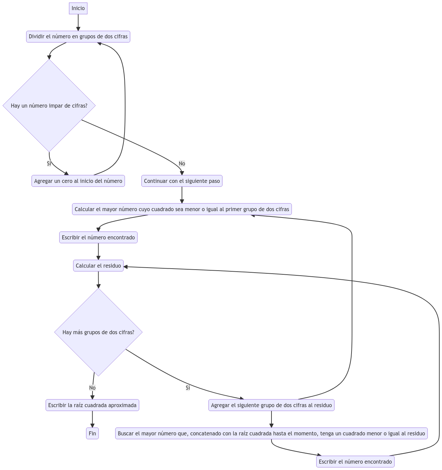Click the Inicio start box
tap(78, 8)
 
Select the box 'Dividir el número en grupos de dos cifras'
tap(78, 37)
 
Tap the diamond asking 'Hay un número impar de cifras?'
tap(49, 106)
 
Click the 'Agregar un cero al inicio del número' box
tap(78, 181)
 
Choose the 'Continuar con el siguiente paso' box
tap(182, 181)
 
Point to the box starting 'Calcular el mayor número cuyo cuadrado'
tap(182, 209)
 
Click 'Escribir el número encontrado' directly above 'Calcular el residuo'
tap(98, 237)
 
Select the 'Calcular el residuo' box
tap(98, 266)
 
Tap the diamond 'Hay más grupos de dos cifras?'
tap(98, 332)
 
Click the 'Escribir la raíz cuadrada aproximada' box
tap(92, 405)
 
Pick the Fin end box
tap(92, 433)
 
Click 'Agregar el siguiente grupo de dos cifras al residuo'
tap(271, 405)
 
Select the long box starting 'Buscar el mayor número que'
tap(271, 433)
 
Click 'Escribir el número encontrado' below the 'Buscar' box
tap(355, 462)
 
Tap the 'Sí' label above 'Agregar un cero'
tap(49, 163)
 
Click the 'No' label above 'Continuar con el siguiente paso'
tap(182, 163)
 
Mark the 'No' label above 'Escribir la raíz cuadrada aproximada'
tap(92, 388)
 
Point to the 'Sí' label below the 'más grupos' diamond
tap(188, 388)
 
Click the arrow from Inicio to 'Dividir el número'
tap(78, 23)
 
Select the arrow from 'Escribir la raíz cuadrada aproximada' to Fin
tap(92, 419)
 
